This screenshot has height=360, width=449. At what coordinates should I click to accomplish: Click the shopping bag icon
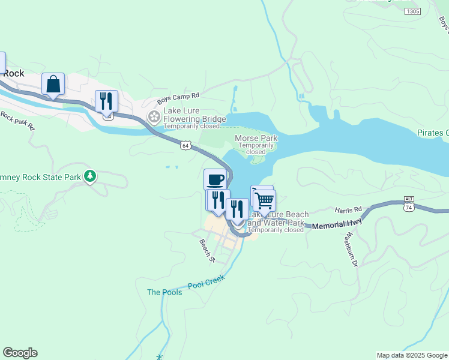[x=53, y=84]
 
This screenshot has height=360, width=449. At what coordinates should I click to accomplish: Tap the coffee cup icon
[x=215, y=179]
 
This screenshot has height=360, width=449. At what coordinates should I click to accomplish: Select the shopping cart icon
[x=264, y=199]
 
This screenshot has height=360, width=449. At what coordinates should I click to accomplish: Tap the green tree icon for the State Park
[x=90, y=176]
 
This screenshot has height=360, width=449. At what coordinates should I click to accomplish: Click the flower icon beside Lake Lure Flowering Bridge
[x=154, y=116]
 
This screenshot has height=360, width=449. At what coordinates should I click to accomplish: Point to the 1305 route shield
[x=412, y=11]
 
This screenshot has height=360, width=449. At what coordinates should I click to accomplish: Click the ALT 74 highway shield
[x=409, y=203]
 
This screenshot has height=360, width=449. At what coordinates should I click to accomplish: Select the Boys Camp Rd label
[x=178, y=99]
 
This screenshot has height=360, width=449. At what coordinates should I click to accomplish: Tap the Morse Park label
[x=256, y=138]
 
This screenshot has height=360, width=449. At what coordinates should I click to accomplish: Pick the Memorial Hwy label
[x=337, y=224]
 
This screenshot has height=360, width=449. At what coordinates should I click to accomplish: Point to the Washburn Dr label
[x=350, y=250]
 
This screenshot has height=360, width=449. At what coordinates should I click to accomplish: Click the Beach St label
[x=207, y=250]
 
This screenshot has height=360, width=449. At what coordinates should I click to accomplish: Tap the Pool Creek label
[x=206, y=282]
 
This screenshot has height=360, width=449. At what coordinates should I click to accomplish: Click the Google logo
[x=20, y=353]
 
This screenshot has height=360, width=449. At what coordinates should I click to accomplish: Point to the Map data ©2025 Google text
[x=411, y=355]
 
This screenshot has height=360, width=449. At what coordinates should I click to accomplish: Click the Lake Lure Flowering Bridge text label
[x=194, y=119]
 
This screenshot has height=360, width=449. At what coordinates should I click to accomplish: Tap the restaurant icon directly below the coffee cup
[x=217, y=200]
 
